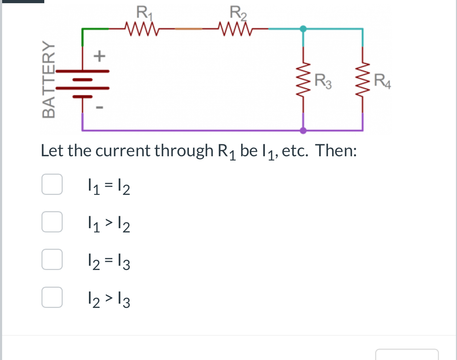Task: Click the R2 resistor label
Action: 238,13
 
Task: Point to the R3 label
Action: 323,81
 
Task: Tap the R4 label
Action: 383,81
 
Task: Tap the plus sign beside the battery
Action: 100,56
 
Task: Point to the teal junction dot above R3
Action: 303,29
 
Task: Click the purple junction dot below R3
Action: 303,130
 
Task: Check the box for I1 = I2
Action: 52,184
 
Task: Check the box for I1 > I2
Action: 52,222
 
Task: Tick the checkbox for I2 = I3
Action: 52,259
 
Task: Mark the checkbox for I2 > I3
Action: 52,297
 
